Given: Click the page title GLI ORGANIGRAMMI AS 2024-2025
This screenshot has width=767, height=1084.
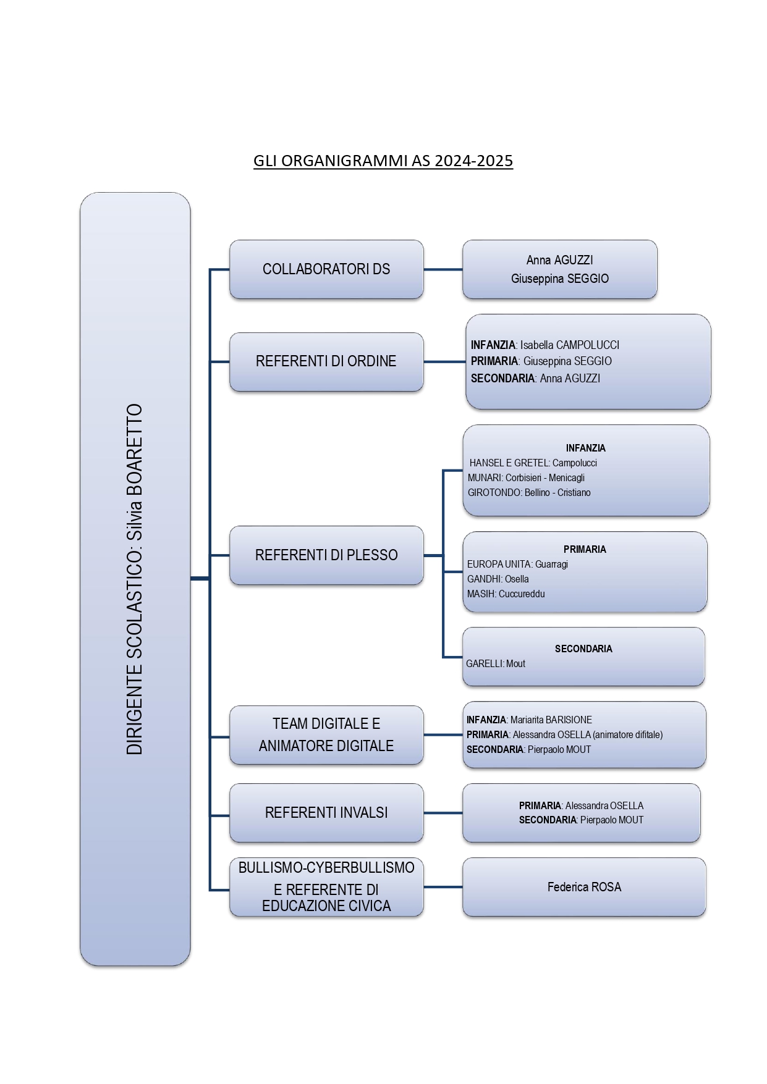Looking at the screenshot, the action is [x=383, y=161].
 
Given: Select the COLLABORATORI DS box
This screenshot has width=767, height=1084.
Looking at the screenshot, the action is [x=326, y=269].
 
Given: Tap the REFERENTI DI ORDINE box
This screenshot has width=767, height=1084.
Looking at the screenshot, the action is [x=326, y=362].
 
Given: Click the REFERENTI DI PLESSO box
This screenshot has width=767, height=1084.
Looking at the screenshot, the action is [x=326, y=555].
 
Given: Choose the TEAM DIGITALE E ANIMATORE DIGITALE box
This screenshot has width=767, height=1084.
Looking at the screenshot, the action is [x=326, y=735].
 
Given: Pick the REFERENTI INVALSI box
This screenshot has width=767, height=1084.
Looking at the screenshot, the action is [x=326, y=813].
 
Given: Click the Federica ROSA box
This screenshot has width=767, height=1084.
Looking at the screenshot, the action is [x=584, y=887].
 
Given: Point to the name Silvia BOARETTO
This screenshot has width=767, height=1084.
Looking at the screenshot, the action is [x=135, y=473].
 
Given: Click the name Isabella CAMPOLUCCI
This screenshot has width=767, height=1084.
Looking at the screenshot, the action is [x=570, y=345].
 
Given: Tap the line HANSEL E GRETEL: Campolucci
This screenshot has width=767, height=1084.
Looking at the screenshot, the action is [x=533, y=463].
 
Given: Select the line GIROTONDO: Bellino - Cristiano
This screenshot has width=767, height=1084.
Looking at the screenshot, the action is [x=529, y=492].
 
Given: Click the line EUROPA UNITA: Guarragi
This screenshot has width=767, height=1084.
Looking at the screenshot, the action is [x=517, y=564].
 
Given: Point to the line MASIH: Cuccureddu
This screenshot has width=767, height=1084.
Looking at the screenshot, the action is [x=506, y=594].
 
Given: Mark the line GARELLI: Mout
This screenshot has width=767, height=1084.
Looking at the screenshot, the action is [x=496, y=663].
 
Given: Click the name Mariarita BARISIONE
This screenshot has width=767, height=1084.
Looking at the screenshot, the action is [x=551, y=720].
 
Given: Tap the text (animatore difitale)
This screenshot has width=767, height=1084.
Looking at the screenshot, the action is [x=627, y=734].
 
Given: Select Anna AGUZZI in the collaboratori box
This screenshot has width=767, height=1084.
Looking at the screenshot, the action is [x=560, y=260].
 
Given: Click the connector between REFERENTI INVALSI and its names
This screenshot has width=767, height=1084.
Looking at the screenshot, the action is [x=443, y=813].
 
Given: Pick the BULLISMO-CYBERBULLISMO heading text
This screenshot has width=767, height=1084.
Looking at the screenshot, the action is [x=326, y=867].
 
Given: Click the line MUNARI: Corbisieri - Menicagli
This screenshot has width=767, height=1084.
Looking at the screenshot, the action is [x=526, y=477].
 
